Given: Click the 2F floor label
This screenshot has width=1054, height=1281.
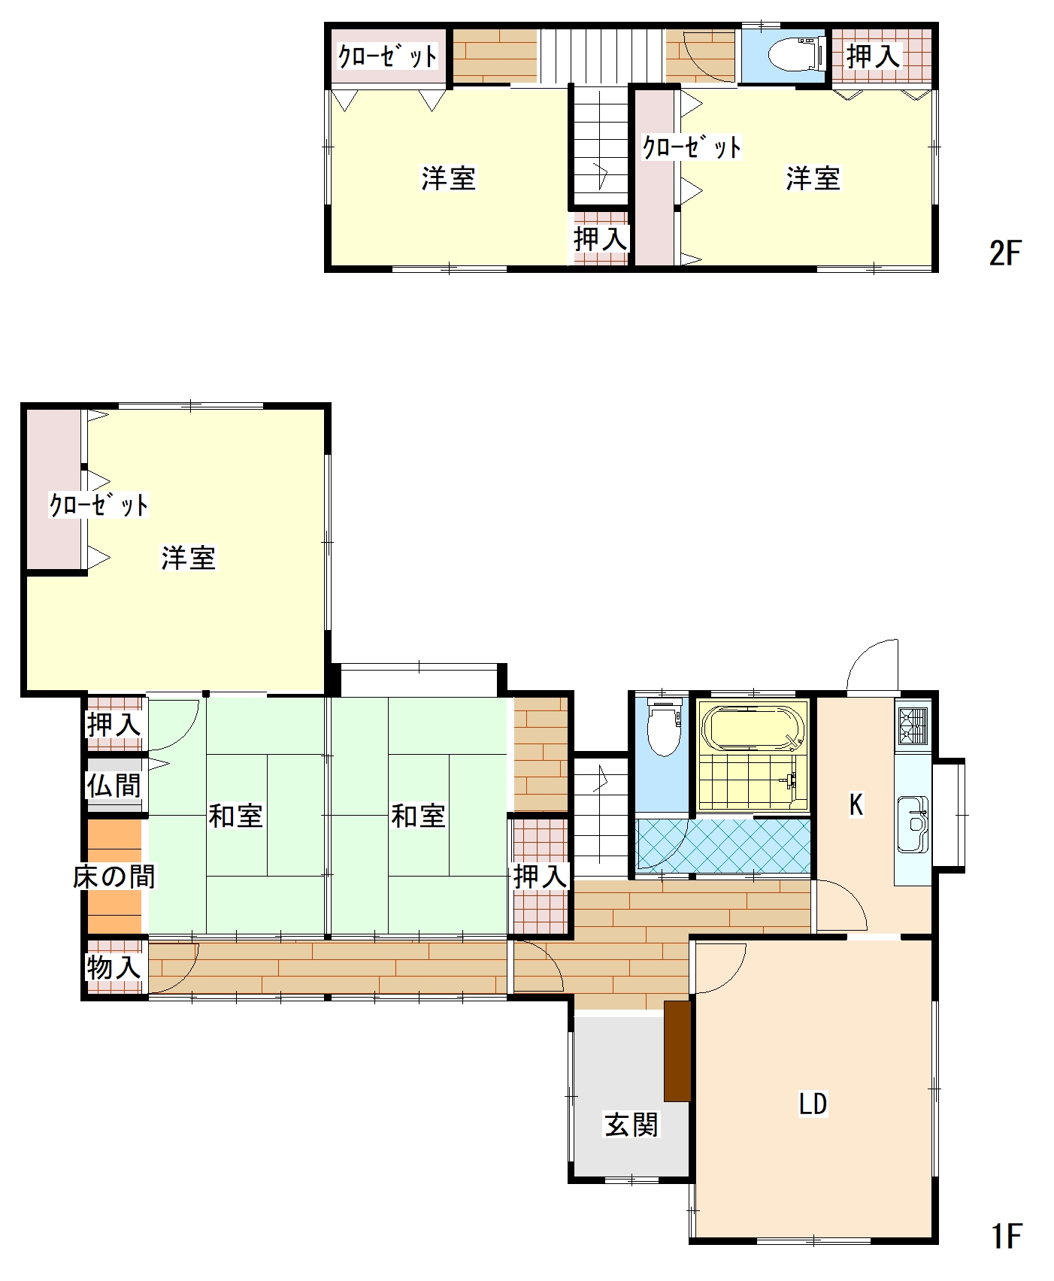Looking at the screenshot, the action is click(x=1005, y=253).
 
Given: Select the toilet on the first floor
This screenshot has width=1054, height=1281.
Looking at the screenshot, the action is click(x=664, y=727).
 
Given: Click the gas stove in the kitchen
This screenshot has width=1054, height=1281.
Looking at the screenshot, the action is click(x=913, y=725).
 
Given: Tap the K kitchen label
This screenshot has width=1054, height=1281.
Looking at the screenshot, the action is click(x=856, y=804).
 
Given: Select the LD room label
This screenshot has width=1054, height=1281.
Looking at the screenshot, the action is click(x=813, y=1104).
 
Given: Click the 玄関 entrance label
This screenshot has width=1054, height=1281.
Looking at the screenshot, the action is click(x=631, y=1125).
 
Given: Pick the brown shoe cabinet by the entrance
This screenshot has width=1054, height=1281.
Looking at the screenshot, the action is click(x=677, y=1051).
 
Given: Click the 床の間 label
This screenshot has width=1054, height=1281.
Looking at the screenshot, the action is click(x=114, y=877).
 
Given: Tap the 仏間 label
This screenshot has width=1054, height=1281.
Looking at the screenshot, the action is click(x=114, y=786).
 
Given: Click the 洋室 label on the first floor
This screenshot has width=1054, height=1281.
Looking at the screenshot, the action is click(x=189, y=558).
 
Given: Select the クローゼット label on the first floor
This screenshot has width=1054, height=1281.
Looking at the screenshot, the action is click(x=98, y=504).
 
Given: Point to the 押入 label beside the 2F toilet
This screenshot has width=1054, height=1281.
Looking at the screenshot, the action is click(x=874, y=56).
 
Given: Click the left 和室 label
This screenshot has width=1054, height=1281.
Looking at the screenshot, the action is click(x=235, y=816).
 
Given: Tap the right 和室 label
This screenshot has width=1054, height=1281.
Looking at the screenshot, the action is click(x=419, y=816).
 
